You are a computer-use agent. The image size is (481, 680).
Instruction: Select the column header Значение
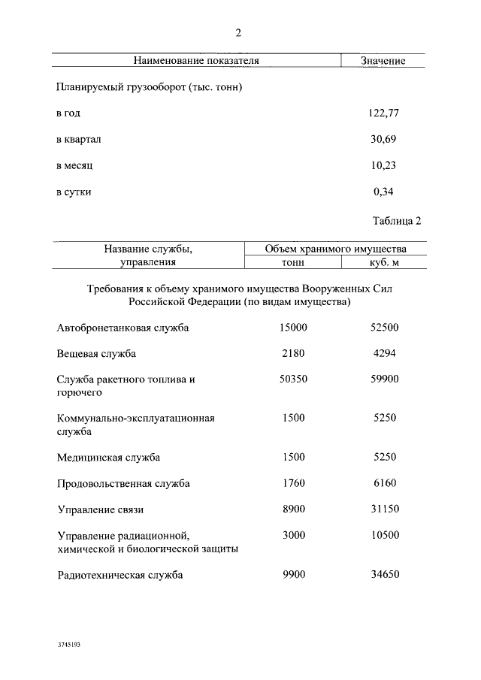383,61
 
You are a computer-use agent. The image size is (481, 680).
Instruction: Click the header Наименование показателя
196,61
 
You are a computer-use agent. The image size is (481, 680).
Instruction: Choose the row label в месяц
74,166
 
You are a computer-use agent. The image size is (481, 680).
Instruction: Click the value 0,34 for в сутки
383,192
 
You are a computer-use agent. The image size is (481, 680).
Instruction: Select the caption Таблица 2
397,221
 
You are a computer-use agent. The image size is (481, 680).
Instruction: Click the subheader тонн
293,262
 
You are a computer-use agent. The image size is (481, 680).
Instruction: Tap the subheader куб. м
384,262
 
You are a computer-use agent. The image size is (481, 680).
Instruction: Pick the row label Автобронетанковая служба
123,328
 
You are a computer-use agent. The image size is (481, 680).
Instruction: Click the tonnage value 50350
293,379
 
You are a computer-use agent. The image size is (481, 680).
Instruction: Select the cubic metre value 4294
384,353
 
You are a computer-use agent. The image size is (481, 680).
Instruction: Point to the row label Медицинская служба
108,457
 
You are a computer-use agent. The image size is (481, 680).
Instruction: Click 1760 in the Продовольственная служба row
293,483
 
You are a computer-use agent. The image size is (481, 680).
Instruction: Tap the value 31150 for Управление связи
384,509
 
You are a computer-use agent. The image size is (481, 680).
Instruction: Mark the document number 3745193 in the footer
68,645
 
